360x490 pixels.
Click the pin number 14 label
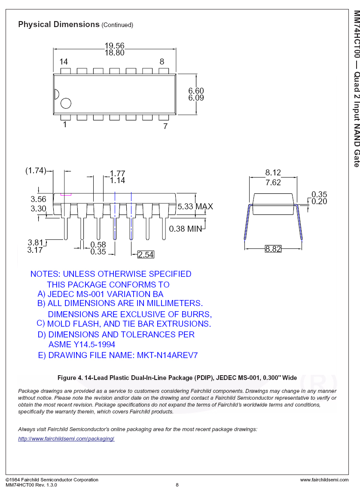pos(64,62)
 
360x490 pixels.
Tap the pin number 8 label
pos(162,62)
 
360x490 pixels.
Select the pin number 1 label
pos(65,125)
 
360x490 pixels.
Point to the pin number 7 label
pos(165,126)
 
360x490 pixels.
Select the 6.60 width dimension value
pos(196,91)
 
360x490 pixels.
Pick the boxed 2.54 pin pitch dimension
pos(146,255)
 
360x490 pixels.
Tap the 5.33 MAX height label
pos(195,207)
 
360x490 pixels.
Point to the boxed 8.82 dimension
pos(273,249)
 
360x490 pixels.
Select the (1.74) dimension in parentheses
pos(36,171)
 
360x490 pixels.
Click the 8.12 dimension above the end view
pos(273,172)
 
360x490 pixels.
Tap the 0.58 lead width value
pos(98,245)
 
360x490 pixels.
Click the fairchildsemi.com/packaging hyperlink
pos(66,439)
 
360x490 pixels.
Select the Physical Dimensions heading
pos(59,24)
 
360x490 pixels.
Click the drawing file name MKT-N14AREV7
pos(167,355)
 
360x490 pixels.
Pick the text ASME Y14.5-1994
pos(82,345)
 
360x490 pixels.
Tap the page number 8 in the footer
pos(177,485)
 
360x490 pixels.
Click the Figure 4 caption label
pos(177,378)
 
